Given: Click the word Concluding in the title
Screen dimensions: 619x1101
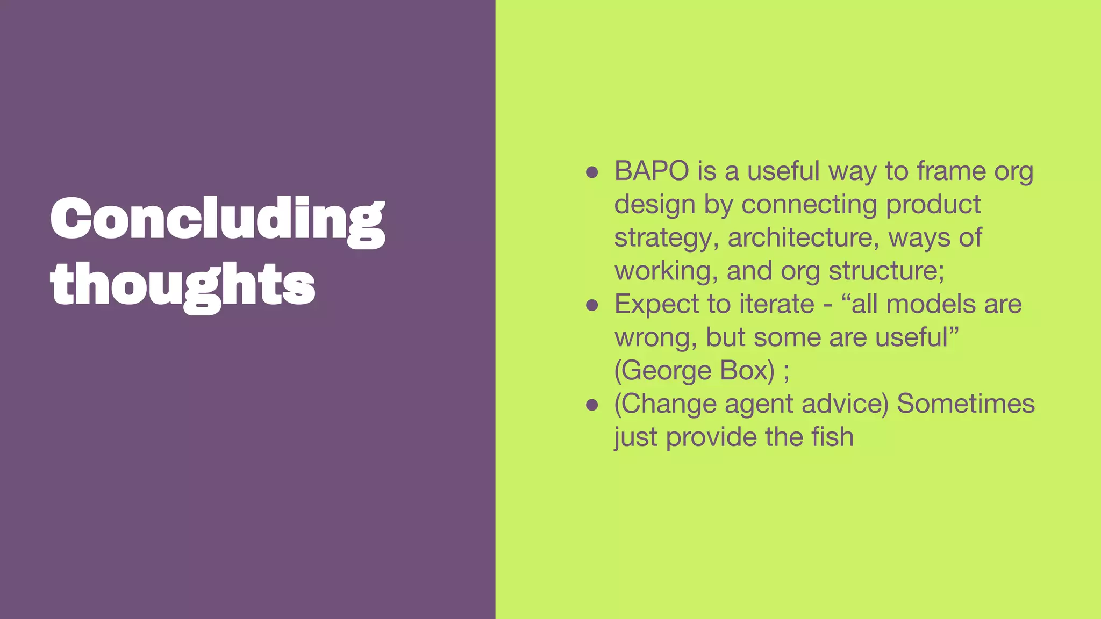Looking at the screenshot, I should point(217,219).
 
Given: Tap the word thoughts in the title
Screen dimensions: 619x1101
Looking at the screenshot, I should point(183,285).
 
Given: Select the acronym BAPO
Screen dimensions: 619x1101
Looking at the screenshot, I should point(652,171).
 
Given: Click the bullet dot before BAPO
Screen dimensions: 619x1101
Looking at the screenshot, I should point(592,172).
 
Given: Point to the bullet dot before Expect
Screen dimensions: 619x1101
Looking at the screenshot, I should point(592,305).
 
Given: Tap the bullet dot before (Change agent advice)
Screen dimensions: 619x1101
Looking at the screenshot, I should point(592,405).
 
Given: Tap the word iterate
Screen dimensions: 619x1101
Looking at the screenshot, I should point(777,304).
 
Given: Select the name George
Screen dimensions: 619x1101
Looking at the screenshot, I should point(667,371).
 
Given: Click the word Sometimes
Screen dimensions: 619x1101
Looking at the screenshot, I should point(966,404).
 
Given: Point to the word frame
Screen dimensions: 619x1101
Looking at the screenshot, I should point(951,171).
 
